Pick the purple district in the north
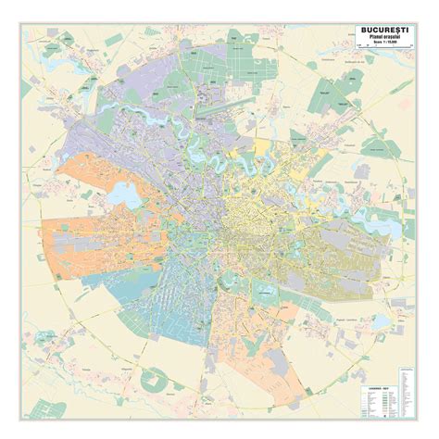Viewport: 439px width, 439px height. coord(185,93)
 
